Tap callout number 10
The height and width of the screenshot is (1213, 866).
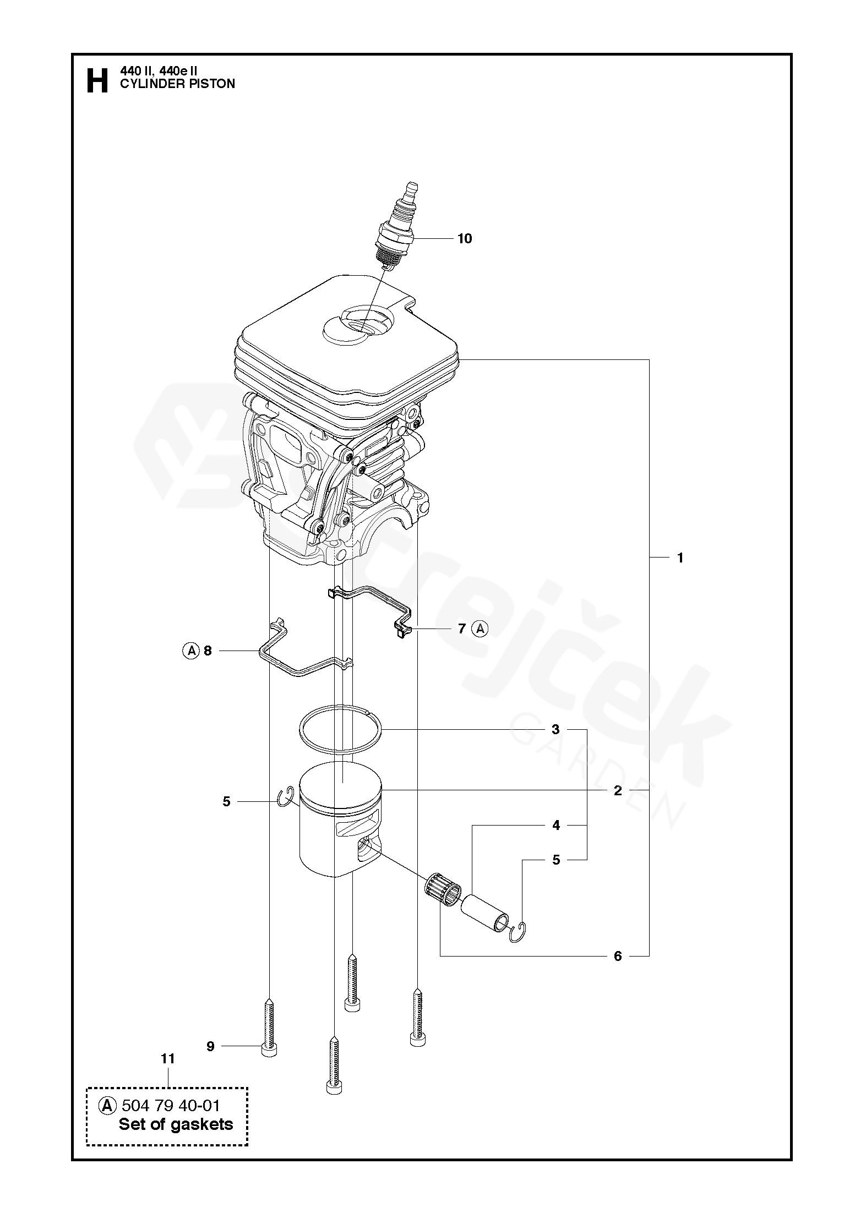(x=465, y=238)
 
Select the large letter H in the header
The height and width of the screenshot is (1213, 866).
(x=97, y=81)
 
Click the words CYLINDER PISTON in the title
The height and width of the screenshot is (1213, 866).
(x=177, y=84)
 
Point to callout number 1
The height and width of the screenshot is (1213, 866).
(x=680, y=558)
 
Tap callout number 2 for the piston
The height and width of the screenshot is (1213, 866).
(x=618, y=790)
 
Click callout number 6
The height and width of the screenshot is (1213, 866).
(x=618, y=956)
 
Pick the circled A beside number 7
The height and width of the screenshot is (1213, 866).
(x=481, y=628)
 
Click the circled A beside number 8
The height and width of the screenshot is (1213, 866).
(x=190, y=651)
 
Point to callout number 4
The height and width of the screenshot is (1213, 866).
(x=556, y=840)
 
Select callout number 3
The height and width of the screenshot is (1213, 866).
(x=555, y=730)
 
